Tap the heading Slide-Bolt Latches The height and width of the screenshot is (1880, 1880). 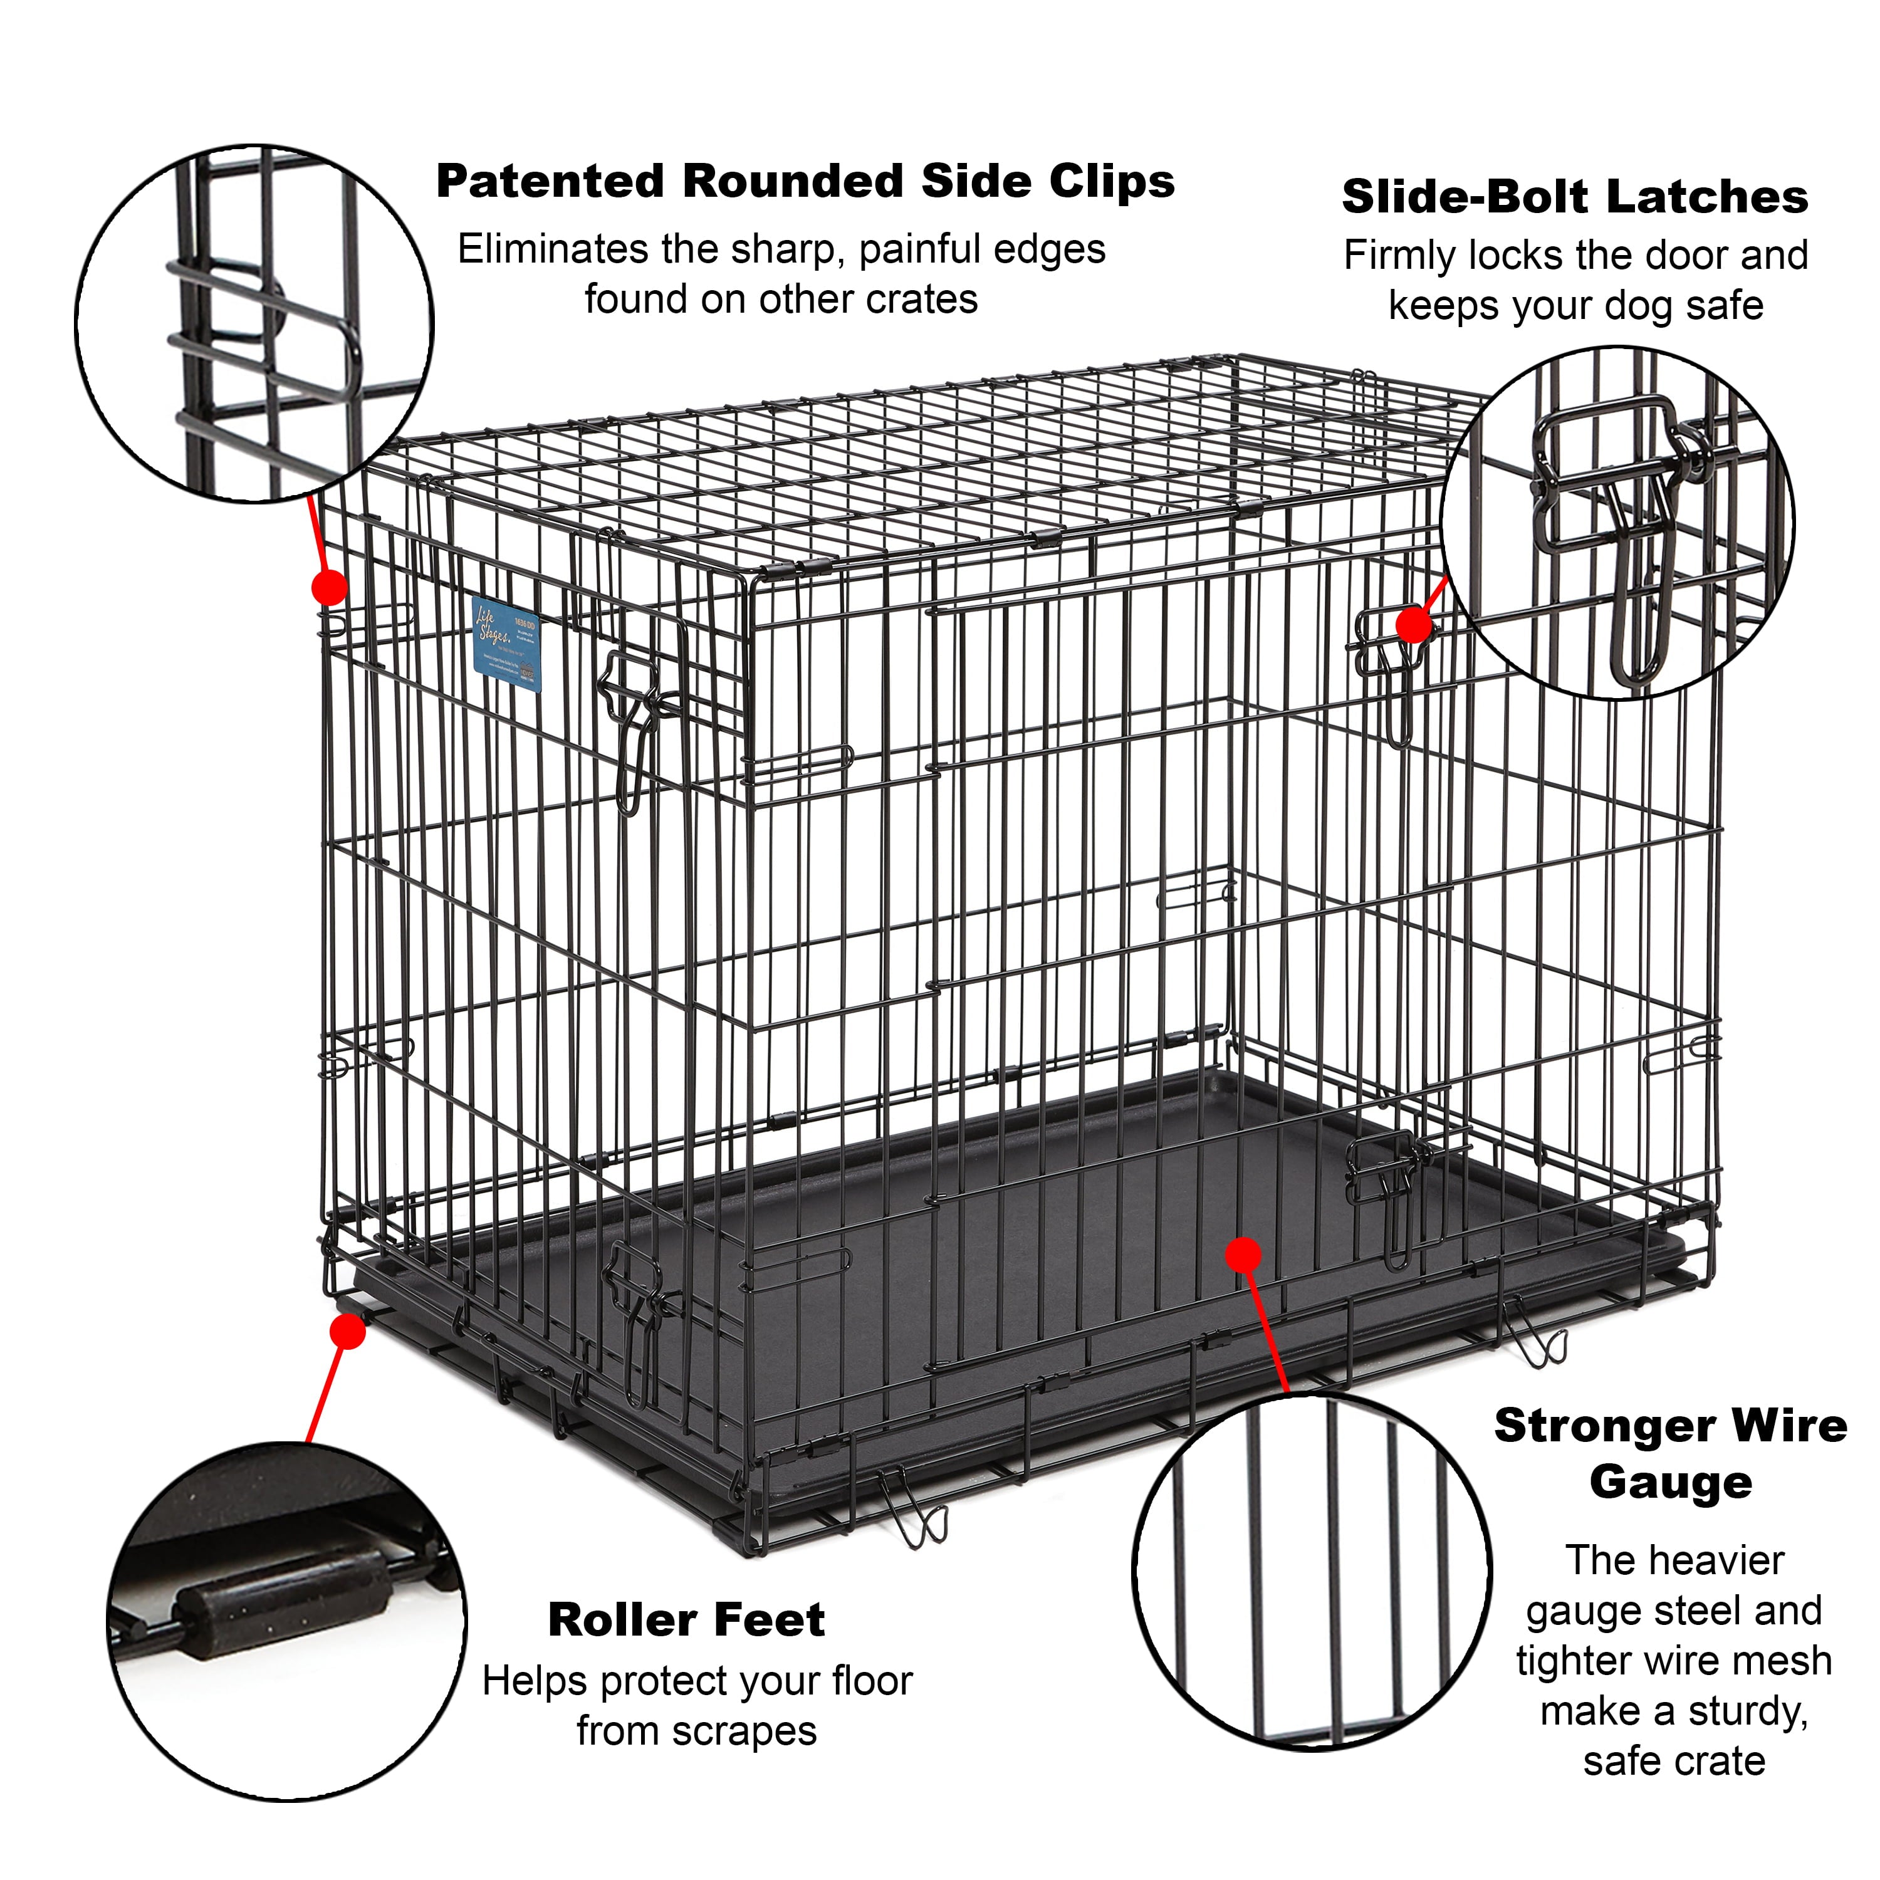coord(1574,197)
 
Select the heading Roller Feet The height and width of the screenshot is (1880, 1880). coord(686,1620)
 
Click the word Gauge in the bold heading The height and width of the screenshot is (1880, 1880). coord(1671,1482)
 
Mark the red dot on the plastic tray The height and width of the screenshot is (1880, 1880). coord(1243,1255)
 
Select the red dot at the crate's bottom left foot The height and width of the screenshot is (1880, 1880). coord(347,1331)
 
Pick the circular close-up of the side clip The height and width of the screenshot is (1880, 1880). coord(255,324)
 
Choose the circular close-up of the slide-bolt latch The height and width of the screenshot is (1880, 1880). coord(1617,523)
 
